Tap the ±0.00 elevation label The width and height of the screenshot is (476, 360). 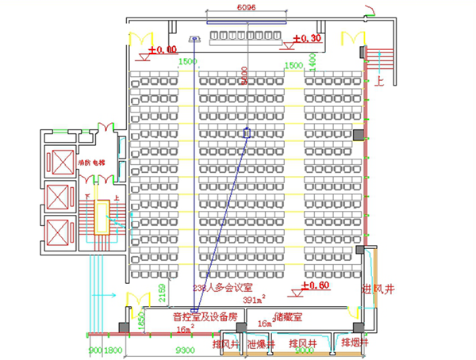[x=164, y=49]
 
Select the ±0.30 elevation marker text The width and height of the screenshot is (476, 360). [x=306, y=38]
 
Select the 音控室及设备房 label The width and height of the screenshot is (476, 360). [x=205, y=316]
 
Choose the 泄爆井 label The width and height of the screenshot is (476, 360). [x=260, y=344]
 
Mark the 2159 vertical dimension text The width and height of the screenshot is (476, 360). [x=163, y=293]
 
